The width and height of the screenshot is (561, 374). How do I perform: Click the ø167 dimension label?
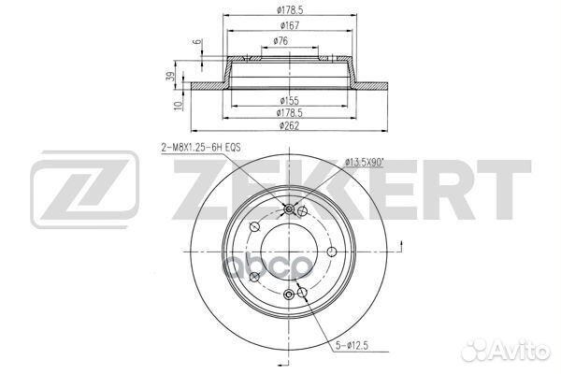pyautogui.click(x=290, y=25)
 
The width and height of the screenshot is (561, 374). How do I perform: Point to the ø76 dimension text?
pyautogui.click(x=280, y=41)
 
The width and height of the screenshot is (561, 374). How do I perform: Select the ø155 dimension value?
pyautogui.click(x=290, y=101)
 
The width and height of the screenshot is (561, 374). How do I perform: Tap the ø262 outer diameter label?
pyautogui.click(x=290, y=125)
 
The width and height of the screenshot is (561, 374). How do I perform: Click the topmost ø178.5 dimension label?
pyautogui.click(x=290, y=10)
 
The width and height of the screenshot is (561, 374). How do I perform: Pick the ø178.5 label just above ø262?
pyautogui.click(x=290, y=113)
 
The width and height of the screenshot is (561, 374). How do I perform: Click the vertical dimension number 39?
pyautogui.click(x=171, y=77)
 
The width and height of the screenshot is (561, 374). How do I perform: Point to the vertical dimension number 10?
pyautogui.click(x=179, y=106)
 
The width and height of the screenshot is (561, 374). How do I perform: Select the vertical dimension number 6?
pyautogui.click(x=197, y=42)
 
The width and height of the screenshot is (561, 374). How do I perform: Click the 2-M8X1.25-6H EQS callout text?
pyautogui.click(x=200, y=147)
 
